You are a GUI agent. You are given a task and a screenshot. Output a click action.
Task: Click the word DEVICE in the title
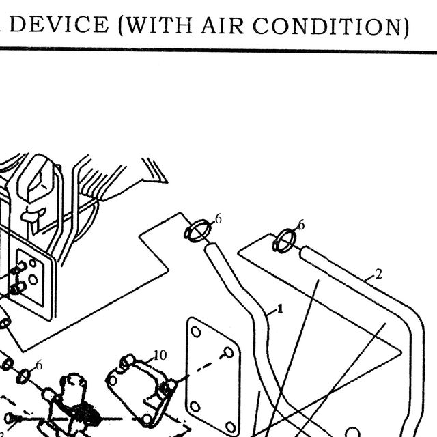point(59,25)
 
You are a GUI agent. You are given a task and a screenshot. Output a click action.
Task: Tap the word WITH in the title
point(158,26)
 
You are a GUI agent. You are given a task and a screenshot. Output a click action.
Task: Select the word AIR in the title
point(223,26)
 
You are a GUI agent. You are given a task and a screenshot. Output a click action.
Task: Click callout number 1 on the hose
point(280,309)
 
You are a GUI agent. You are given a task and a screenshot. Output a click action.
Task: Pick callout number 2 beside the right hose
point(378,274)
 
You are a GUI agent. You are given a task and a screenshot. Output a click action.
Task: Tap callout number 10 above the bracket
point(160,355)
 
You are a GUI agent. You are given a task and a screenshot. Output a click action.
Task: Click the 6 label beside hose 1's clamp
point(218,219)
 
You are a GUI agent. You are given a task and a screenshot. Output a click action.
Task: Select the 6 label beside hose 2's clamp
point(301,225)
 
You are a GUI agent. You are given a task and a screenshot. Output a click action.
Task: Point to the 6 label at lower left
point(39,365)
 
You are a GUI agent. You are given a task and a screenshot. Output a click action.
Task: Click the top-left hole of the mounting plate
point(196,332)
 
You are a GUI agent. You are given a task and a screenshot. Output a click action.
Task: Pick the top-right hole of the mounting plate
point(229,352)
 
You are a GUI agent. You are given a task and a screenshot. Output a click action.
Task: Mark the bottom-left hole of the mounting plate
point(195,407)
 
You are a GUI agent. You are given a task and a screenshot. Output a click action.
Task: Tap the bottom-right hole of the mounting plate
point(231,426)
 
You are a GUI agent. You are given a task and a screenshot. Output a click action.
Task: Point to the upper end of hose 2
point(304,252)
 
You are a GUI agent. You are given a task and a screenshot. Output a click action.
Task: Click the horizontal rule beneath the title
point(218,50)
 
